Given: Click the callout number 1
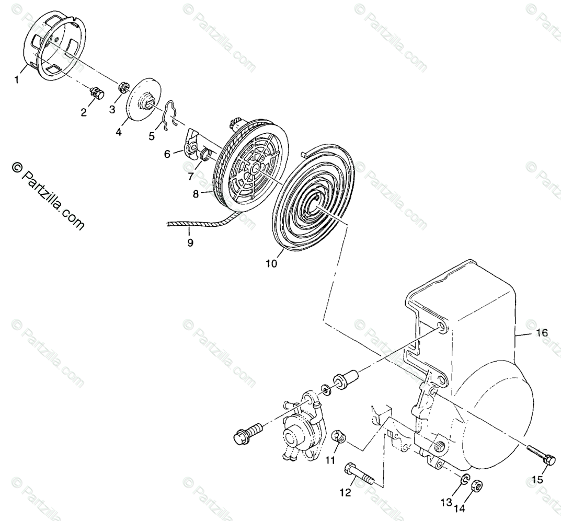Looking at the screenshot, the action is click(17, 80).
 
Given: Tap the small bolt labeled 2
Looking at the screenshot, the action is click(97, 93).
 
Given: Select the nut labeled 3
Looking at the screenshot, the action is click(124, 87).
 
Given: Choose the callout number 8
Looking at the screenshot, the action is click(196, 193).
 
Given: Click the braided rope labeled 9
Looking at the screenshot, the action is click(199, 224).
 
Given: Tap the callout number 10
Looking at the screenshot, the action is click(271, 263).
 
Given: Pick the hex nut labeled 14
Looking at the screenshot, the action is click(476, 485).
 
